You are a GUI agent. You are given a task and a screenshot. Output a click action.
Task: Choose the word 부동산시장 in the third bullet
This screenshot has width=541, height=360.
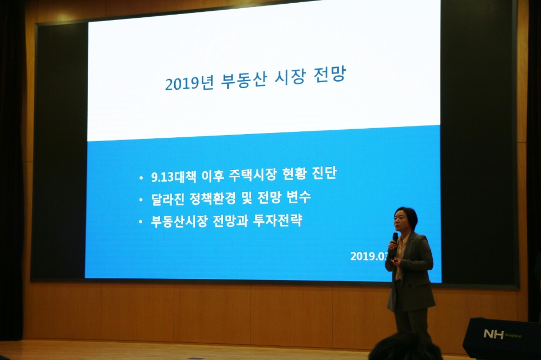[x=180, y=222]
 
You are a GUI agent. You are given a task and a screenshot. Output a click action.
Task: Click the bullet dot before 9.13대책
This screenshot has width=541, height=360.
[x=141, y=178]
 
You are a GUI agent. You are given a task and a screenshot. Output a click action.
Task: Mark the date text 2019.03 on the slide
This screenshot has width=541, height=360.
[x=368, y=256]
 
